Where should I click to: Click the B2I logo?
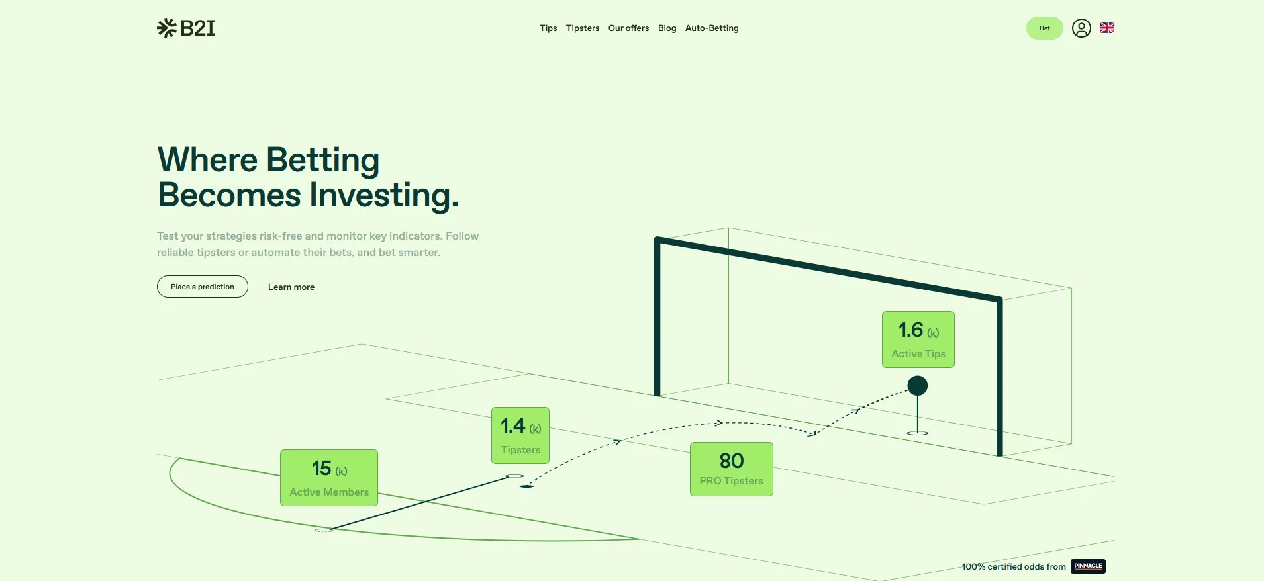[x=186, y=28]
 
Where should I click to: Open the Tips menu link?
[x=548, y=28]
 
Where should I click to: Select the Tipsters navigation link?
[x=583, y=28]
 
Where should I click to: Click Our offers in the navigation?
[x=628, y=28]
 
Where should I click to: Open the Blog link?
[x=667, y=28]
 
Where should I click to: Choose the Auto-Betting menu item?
[x=712, y=28]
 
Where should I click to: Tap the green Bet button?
[x=1045, y=28]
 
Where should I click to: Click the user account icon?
[x=1081, y=28]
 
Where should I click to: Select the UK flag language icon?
[x=1107, y=28]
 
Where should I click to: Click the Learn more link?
[x=291, y=287]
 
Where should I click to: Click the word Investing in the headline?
[x=384, y=195]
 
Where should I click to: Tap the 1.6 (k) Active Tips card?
[x=918, y=339]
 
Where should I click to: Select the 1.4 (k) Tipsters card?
[x=520, y=435]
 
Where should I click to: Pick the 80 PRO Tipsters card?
[x=732, y=469]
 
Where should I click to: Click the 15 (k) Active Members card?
[x=329, y=478]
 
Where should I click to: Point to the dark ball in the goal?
[x=918, y=386]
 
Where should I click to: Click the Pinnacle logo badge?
[x=1088, y=566]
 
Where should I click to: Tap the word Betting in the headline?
[x=323, y=161]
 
